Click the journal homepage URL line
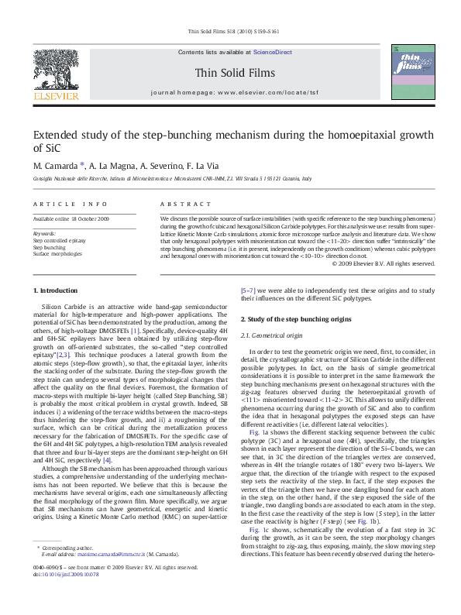(x=230, y=91)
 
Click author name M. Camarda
(x=56, y=165)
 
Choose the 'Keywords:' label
(x=44, y=232)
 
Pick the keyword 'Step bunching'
(x=49, y=246)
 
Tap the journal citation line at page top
(x=230, y=32)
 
